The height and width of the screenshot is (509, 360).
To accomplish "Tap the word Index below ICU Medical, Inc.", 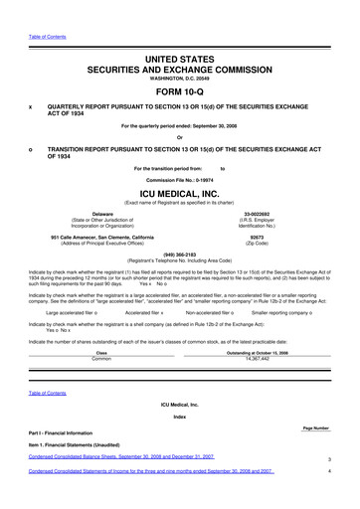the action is pyautogui.click(x=180, y=417).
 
